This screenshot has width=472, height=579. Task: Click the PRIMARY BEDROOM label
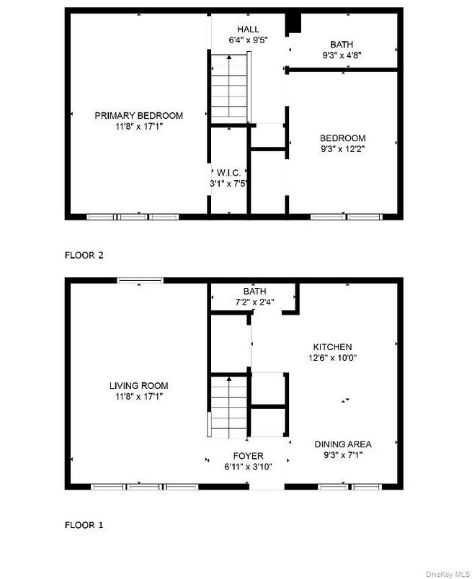click(x=138, y=115)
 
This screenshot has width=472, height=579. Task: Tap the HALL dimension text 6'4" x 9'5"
click(x=248, y=40)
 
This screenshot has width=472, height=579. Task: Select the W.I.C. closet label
click(x=228, y=172)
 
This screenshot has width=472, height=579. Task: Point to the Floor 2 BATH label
click(x=342, y=45)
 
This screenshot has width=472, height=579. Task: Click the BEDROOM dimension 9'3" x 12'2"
click(x=342, y=149)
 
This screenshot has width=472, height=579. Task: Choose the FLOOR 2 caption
click(x=84, y=255)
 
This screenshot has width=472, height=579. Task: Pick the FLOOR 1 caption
click(x=84, y=525)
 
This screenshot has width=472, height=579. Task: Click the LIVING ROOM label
click(x=138, y=386)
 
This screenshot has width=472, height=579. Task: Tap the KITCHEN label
click(x=332, y=346)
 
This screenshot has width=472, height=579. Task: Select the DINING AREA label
click(x=343, y=444)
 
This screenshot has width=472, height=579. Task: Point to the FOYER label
click(x=248, y=456)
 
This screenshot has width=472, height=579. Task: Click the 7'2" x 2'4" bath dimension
click(x=254, y=302)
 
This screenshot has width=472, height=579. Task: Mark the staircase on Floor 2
click(x=228, y=88)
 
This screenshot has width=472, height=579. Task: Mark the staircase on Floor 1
click(x=228, y=406)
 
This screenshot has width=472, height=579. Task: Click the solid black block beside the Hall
click(x=293, y=24)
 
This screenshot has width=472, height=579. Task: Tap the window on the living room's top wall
click(x=140, y=281)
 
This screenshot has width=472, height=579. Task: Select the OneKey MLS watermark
click(x=447, y=574)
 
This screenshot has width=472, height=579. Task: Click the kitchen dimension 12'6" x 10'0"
click(x=332, y=358)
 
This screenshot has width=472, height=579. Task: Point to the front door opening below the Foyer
click(x=267, y=487)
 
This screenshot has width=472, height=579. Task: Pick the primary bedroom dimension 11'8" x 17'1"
click(x=138, y=127)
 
